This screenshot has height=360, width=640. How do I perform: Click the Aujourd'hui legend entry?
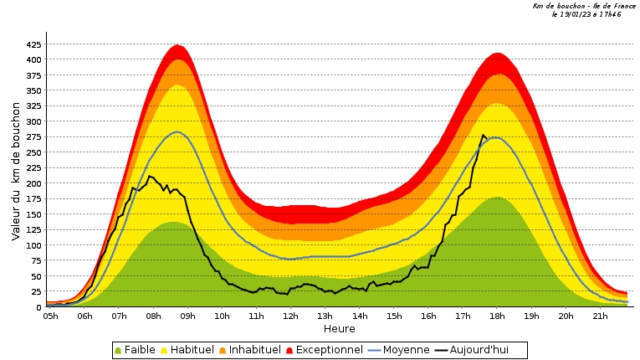tap(479, 350)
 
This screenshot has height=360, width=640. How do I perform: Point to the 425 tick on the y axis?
tap(33, 44)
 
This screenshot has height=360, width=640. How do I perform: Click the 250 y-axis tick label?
tap(33, 152)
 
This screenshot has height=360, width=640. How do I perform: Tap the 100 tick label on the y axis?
tap(33, 245)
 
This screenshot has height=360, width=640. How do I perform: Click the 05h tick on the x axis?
tap(50, 316)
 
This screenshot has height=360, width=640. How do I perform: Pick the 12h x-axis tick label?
tap(290, 316)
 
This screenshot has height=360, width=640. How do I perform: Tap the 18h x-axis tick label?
tap(497, 316)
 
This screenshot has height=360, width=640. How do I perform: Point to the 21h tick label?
tap(599, 316)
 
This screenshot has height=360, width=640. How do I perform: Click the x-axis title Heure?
tap(338, 329)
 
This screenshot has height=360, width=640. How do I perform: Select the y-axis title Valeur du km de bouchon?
tap(16, 175)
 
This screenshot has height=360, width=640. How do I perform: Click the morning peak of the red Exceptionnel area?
tap(177, 45)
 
